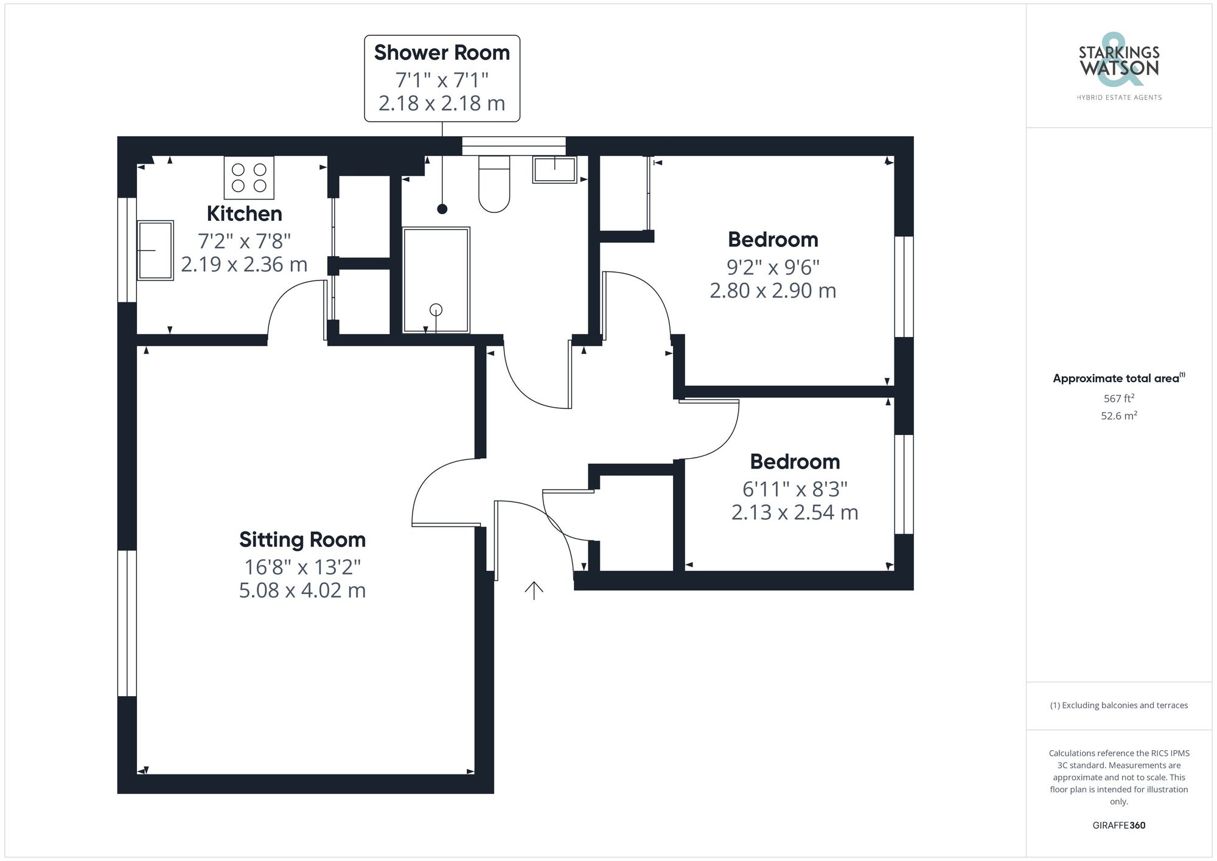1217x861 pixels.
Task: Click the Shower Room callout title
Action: tap(442, 53)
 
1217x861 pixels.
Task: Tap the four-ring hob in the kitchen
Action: tap(249, 178)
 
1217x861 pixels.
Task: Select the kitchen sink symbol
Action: tap(155, 250)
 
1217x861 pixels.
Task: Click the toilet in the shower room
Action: tap(494, 184)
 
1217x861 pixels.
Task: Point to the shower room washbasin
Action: tap(554, 169)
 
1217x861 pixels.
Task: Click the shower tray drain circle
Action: tap(436, 310)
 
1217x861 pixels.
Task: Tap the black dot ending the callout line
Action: tap(442, 209)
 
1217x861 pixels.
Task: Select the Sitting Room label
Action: tap(302, 540)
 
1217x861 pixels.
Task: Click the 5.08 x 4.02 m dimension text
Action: tap(302, 590)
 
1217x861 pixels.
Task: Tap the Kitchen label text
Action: tap(244, 214)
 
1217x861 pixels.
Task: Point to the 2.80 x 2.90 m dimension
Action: tap(773, 291)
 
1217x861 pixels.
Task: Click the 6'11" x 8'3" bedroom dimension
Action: tap(795, 489)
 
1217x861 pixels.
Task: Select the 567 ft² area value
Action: tap(1118, 399)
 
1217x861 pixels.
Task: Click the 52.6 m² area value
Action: tap(1118, 416)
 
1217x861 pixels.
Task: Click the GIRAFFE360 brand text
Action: tap(1118, 825)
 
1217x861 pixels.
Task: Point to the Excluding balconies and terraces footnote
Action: tap(1118, 705)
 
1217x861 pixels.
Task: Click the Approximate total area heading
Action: tap(1116, 378)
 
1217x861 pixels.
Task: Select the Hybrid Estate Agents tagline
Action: tap(1119, 97)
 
